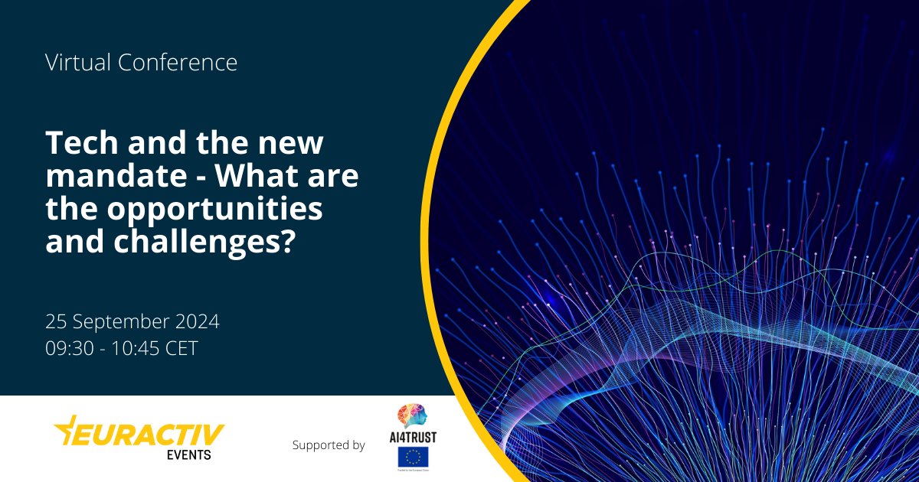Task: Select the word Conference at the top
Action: (178, 63)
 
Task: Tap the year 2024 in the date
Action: (199, 322)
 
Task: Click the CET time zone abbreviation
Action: (182, 348)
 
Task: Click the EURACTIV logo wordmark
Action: (149, 435)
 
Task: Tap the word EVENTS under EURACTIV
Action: (189, 454)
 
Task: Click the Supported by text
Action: (329, 445)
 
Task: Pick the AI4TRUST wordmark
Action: (413, 437)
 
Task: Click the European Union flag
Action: (413, 458)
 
